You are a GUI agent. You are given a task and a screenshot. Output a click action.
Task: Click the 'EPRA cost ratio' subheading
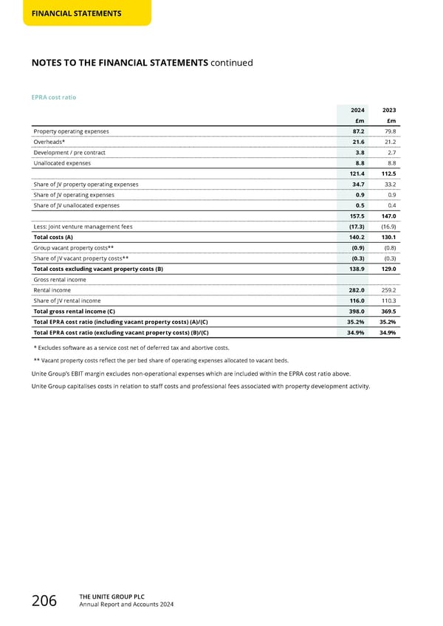click(53, 97)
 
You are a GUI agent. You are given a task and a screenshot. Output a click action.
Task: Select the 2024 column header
click(357, 109)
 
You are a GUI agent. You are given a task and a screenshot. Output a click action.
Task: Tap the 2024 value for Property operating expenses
click(357, 131)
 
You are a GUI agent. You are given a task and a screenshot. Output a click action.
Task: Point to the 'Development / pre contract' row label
click(69, 152)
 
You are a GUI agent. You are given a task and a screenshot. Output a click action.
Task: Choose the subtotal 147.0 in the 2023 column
click(388, 216)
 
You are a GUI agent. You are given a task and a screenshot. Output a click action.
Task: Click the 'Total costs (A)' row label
click(53, 237)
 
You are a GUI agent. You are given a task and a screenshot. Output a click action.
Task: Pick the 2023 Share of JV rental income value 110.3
click(388, 300)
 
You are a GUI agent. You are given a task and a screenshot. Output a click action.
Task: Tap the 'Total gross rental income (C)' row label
click(78, 312)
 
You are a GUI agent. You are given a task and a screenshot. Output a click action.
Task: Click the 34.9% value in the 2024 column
click(356, 333)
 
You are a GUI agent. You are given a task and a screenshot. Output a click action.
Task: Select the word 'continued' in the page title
click(231, 63)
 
